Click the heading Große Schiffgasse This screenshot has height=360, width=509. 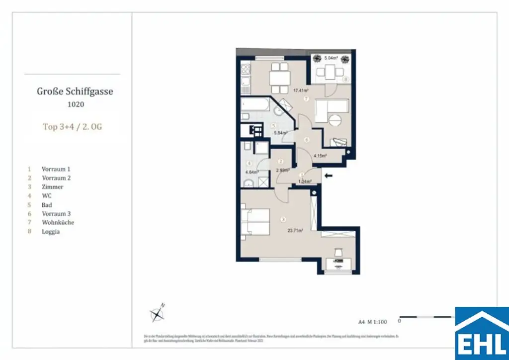75,91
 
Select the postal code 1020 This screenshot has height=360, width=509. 75,104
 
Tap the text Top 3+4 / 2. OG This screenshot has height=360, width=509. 73,126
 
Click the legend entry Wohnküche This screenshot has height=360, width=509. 58,222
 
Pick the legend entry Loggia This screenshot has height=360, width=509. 50,231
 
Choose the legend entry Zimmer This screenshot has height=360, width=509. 52,186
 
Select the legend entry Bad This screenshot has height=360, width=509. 47,204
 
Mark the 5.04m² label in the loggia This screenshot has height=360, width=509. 331,58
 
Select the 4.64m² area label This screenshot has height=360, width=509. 252,172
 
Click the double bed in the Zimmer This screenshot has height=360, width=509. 255,222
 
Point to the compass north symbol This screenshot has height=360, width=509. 158,313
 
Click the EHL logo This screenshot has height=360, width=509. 481,333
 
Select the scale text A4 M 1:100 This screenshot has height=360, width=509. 372,322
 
